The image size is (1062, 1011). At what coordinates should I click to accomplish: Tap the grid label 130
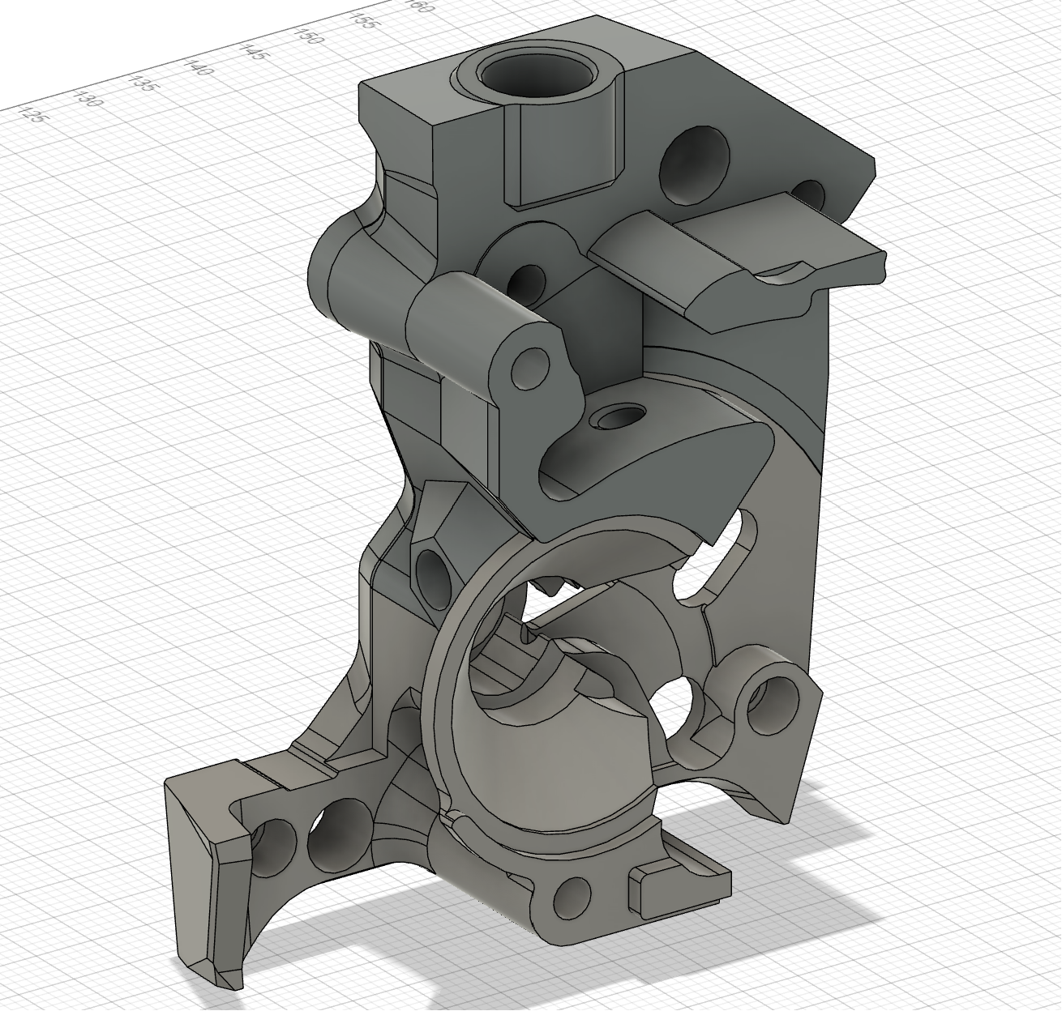(x=87, y=99)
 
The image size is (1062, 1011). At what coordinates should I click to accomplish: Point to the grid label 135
(x=143, y=83)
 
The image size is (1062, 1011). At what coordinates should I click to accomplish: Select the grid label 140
(x=199, y=67)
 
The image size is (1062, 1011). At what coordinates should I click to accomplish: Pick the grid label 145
(x=254, y=52)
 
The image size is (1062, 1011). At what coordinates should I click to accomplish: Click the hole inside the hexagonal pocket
(x=432, y=578)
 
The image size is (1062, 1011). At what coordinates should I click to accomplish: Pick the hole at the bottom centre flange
(x=572, y=896)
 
